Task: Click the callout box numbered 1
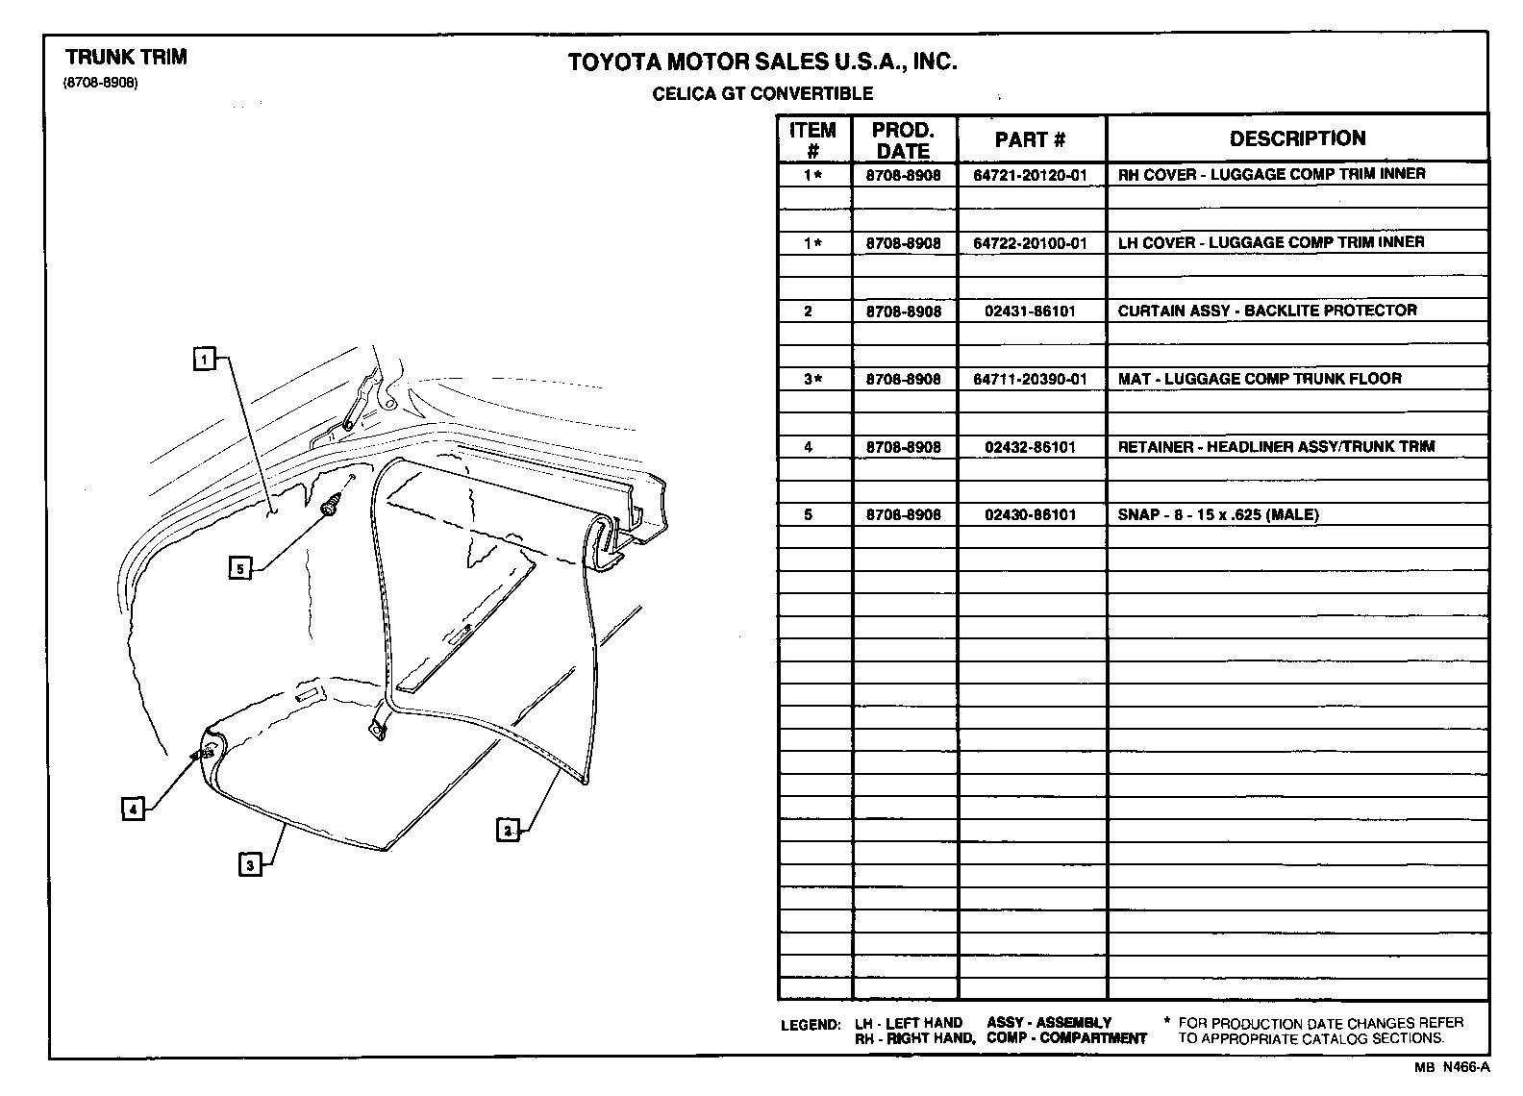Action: [203, 360]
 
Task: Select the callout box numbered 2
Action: [507, 829]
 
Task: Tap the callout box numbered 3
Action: [250, 865]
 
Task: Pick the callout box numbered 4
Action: [133, 810]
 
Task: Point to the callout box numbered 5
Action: [240, 568]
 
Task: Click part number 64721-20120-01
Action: [1030, 175]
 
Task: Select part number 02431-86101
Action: [1030, 311]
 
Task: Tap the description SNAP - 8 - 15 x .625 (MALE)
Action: [1217, 514]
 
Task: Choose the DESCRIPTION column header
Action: [1297, 138]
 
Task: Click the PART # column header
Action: [1030, 139]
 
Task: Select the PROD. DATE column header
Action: [903, 140]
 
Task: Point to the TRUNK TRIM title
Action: [126, 57]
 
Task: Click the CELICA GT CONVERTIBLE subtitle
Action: [762, 93]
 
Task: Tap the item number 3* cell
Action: [813, 379]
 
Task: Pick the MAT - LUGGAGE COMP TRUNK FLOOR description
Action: [1259, 379]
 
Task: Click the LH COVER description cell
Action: [1270, 242]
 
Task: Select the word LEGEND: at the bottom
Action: [811, 1025]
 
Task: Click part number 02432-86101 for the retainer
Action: [1030, 447]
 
